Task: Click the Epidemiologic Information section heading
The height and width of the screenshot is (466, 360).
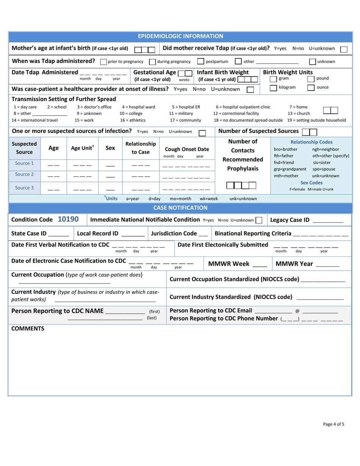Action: click(180, 36)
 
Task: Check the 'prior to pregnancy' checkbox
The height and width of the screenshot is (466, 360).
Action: click(103, 61)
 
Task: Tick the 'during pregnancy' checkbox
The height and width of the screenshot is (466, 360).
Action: click(152, 61)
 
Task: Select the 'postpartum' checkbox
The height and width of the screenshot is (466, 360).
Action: click(201, 61)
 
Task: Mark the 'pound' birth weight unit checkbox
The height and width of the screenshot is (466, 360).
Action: click(311, 79)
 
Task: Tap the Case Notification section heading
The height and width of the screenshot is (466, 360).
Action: click(180, 208)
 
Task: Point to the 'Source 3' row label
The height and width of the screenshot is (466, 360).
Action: click(22, 187)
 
